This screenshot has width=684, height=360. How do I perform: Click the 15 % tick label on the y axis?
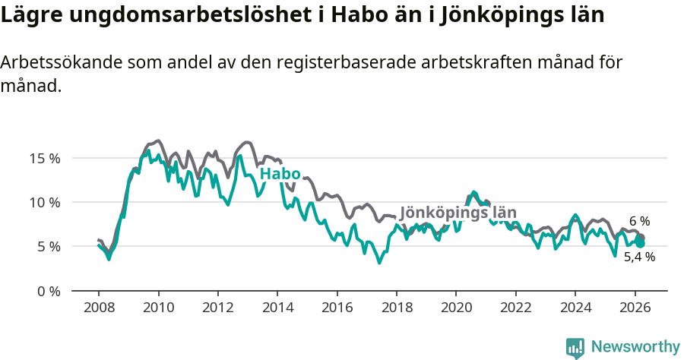44,159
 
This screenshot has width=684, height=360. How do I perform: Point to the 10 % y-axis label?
44,203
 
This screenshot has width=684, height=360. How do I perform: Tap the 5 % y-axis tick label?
47,247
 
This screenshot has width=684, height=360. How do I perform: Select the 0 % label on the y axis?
47,291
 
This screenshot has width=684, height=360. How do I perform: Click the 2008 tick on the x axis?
99,308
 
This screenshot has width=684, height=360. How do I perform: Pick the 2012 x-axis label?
217,308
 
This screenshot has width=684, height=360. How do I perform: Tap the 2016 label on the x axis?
337,308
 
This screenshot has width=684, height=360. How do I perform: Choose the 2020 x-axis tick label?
456,308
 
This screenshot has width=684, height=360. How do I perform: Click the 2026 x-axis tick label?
635,308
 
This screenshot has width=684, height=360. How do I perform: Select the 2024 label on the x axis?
575,308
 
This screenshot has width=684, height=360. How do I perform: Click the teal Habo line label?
280,174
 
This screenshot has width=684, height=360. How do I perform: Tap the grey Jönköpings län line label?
458,213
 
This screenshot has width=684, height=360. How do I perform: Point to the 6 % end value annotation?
639,221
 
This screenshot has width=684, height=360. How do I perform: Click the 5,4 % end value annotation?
639,257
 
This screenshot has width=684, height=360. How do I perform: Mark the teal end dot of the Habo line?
641,243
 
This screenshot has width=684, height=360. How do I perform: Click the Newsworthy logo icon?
575,347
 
